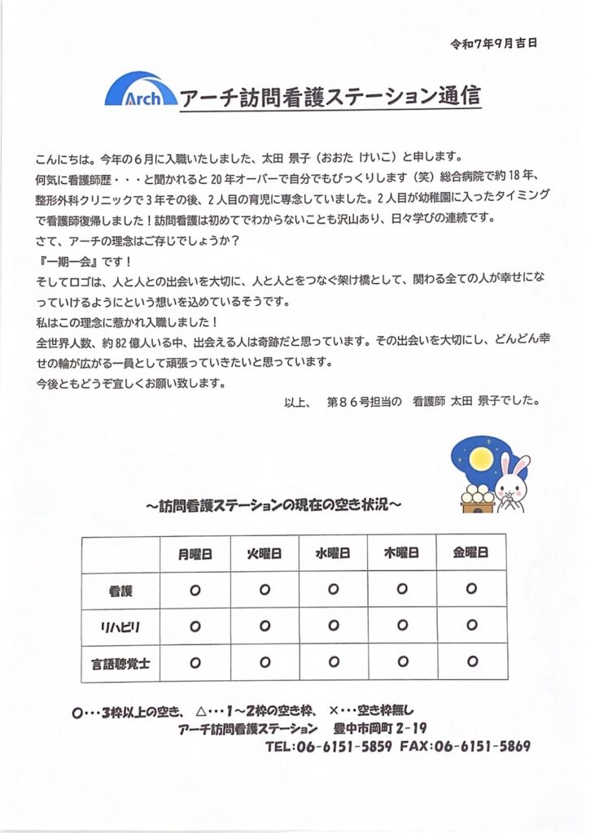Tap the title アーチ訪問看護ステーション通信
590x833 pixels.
330,99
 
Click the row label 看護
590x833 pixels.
120,590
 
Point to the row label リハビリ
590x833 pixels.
120,626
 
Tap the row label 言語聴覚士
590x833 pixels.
120,661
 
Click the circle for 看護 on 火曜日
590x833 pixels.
264,590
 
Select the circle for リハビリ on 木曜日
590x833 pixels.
402,626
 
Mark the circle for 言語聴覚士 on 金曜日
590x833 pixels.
470,661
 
